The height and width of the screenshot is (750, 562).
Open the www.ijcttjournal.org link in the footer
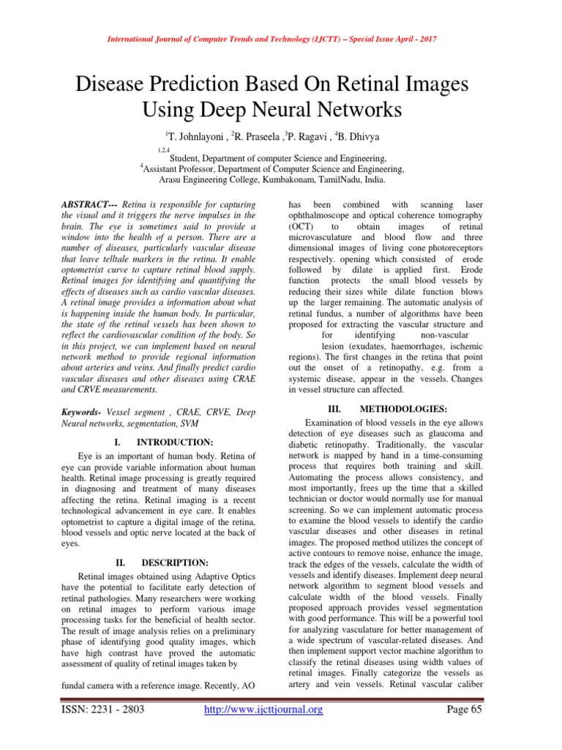pyautogui.click(x=263, y=709)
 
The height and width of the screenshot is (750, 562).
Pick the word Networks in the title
pyautogui.click(x=357, y=111)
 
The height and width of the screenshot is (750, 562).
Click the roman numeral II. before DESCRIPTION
pyautogui.click(x=122, y=562)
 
